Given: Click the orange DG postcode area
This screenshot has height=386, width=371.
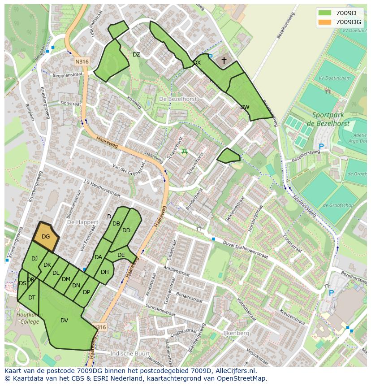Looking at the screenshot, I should (46, 236).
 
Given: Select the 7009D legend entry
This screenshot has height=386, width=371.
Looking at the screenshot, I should (341, 13).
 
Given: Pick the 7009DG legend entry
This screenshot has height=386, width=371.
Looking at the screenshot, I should (341, 22).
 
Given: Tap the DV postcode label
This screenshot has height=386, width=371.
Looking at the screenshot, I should (64, 321).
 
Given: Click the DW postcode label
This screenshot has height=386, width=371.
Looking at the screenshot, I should (245, 107).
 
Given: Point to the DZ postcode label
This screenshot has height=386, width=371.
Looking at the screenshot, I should (136, 55).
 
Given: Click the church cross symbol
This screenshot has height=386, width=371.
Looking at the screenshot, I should (224, 60).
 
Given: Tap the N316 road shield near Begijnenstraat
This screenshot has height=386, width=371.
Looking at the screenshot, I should (82, 61).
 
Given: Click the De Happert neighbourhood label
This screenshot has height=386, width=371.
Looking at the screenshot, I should (82, 222).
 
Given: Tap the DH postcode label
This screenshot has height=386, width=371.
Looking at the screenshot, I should (105, 272).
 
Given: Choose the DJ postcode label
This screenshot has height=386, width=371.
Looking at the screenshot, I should (35, 259).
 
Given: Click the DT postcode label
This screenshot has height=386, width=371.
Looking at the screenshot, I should (32, 297).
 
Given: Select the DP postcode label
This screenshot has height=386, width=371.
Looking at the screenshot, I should (86, 292).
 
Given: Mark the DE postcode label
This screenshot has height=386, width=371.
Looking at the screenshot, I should (121, 255).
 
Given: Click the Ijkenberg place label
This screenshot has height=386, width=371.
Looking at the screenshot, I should (236, 334).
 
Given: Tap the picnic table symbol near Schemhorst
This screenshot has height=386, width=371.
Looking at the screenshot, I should (184, 152).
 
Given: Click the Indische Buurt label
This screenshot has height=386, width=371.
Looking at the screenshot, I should (129, 353).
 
